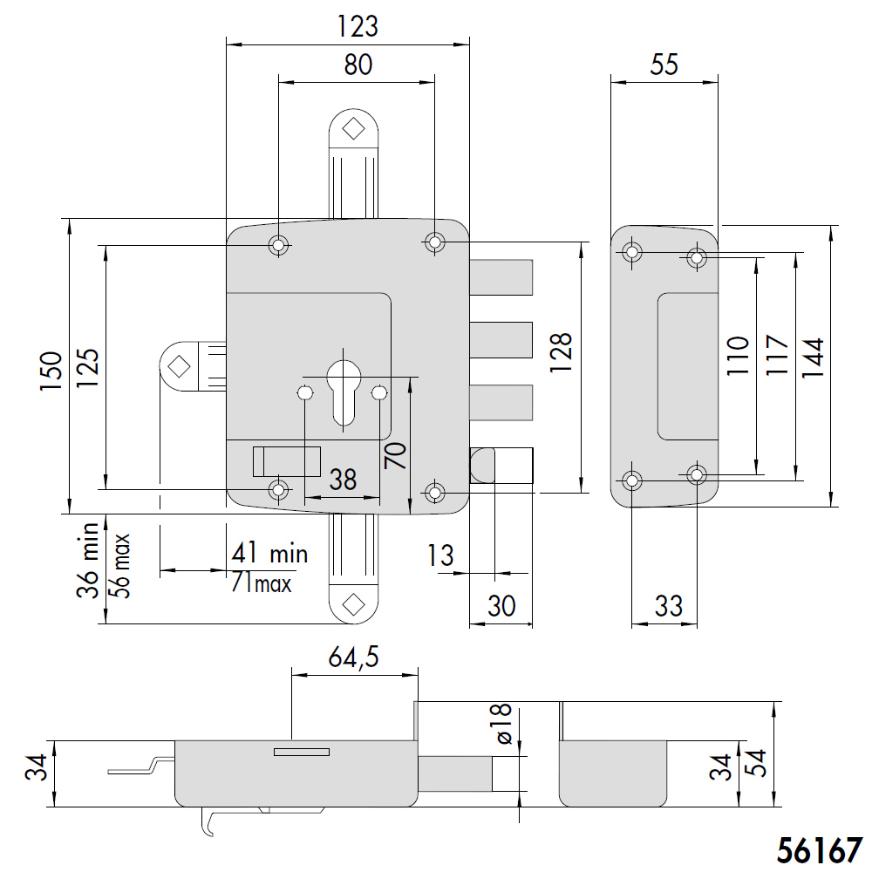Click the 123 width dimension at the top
click(x=358, y=25)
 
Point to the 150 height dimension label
click(x=51, y=371)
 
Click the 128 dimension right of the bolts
click(x=561, y=352)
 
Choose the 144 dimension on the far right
click(x=813, y=358)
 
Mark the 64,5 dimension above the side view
click(x=354, y=657)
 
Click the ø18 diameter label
click(x=501, y=724)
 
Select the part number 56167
click(x=819, y=850)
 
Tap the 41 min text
click(x=269, y=554)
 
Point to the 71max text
click(x=262, y=582)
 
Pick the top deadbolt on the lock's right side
click(x=501, y=277)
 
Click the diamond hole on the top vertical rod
click(x=353, y=129)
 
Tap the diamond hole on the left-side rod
click(x=179, y=366)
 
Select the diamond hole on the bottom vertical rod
click(x=353, y=603)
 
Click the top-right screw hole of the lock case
click(x=435, y=242)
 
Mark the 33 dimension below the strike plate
click(x=669, y=606)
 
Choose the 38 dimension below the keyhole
click(x=343, y=480)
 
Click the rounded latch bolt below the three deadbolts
click(x=501, y=466)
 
